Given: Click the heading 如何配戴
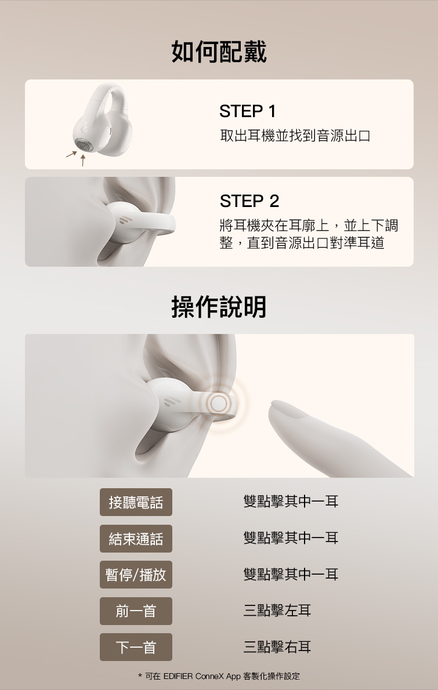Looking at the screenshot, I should [x=219, y=52].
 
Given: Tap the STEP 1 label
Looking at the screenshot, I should [x=248, y=111].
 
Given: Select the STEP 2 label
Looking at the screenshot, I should [x=249, y=201].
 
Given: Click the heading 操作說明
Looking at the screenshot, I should [x=219, y=307].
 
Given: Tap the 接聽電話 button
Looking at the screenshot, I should [x=136, y=502].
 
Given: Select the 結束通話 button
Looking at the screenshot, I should [x=136, y=539].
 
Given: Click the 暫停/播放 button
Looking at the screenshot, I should [x=136, y=575].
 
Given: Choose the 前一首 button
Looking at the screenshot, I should [x=136, y=611].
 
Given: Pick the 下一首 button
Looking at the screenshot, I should [x=136, y=647].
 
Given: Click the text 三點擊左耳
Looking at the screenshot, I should [x=277, y=611].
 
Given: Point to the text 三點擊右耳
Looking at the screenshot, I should [x=277, y=647].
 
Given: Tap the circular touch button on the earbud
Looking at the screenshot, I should [x=218, y=403].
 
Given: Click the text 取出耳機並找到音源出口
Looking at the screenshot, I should [x=295, y=136].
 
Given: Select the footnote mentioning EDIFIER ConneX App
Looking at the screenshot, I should [x=219, y=676].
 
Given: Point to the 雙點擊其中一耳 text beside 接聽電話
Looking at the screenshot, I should [x=291, y=502].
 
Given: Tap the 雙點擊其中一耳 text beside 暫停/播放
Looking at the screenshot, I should [x=291, y=575].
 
